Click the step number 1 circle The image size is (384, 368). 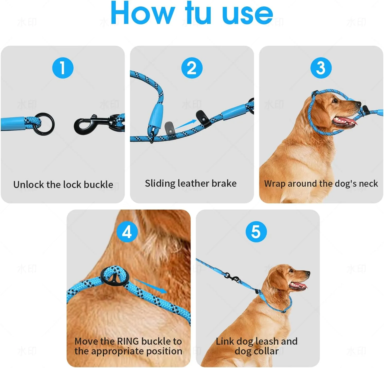click(x=63, y=68)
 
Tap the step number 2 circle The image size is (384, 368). click(x=192, y=68)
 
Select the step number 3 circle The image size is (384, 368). click(x=321, y=68)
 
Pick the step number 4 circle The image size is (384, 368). click(x=127, y=232)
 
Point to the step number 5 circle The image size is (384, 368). click(x=256, y=232)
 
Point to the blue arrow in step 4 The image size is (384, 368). click(x=151, y=286)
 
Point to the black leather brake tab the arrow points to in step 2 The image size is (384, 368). click(x=203, y=117)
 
